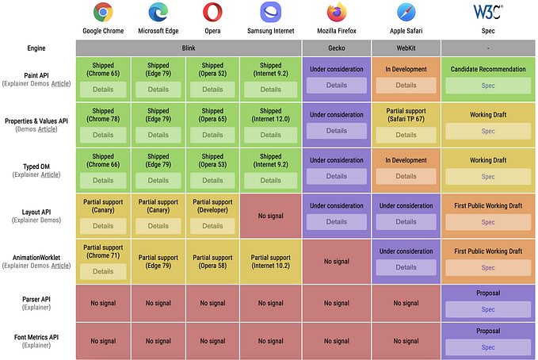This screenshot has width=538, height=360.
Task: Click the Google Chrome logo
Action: [x=103, y=13]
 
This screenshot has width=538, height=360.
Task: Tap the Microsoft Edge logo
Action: [x=158, y=13]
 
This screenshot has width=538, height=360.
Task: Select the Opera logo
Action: [x=212, y=13]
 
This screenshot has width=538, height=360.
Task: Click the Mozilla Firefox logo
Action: [x=337, y=13]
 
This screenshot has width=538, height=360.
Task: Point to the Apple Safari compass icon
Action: [x=406, y=13]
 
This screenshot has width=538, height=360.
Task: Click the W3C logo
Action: [x=487, y=13]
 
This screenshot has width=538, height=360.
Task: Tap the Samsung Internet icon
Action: [x=270, y=13]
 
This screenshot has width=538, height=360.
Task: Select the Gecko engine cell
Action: [x=337, y=48]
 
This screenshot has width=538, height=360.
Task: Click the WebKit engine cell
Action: [x=406, y=48]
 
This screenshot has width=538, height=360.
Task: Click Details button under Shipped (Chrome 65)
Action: [x=103, y=90]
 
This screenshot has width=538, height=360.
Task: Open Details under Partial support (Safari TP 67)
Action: [x=406, y=135]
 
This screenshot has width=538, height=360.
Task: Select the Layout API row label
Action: [x=38, y=212]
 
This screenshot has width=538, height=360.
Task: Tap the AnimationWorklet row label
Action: [x=38, y=257]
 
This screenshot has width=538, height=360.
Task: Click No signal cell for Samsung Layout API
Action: [x=270, y=216]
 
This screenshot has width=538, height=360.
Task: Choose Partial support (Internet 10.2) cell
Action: [x=270, y=261]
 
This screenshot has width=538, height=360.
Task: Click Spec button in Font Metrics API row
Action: [x=487, y=347]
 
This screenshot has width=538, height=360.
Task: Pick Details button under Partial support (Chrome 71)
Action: [x=103, y=271]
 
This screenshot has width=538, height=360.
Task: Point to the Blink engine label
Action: [x=189, y=48]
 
